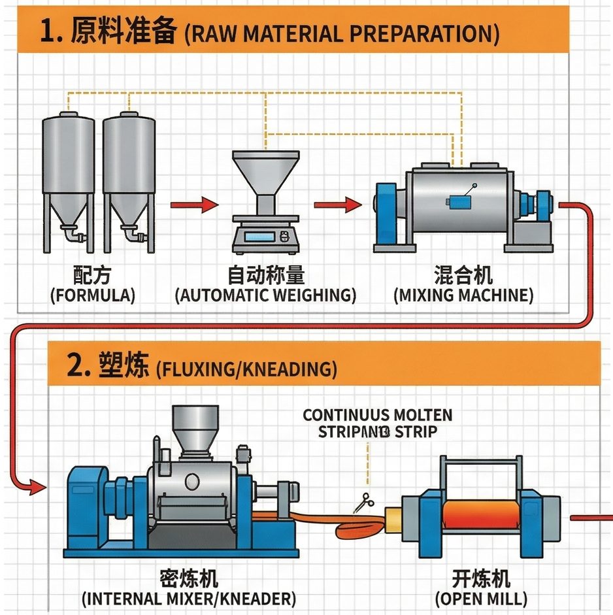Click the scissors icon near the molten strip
361,503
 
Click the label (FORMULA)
93,295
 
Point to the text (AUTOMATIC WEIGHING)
265,295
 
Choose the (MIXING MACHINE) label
463,295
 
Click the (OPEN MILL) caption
482,598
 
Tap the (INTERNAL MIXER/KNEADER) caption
189,598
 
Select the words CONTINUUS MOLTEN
378,415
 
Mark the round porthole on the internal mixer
193,482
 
